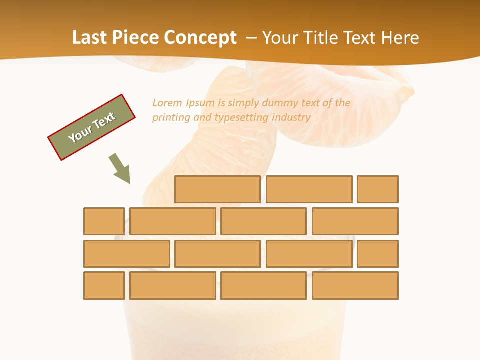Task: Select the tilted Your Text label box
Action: pos(92,127)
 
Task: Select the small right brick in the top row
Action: pos(378,189)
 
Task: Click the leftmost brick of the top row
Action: pos(217,189)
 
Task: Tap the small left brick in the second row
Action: pos(104,221)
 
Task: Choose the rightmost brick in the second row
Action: pos(355,221)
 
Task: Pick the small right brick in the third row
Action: pos(378,254)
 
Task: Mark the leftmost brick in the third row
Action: pos(126,254)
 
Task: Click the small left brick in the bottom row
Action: pos(104,285)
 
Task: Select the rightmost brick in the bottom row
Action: pos(355,285)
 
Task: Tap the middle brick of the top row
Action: pos(309,189)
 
